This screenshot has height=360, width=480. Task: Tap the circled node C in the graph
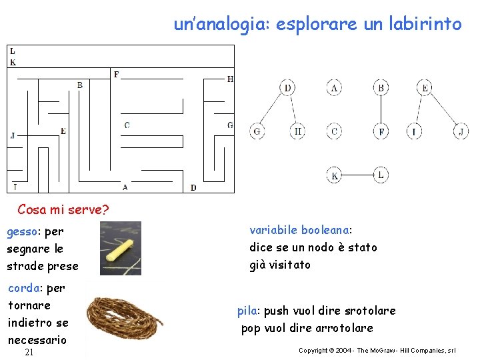click(335, 131)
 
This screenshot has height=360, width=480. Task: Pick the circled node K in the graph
click(335, 175)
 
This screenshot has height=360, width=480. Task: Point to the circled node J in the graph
click(460, 131)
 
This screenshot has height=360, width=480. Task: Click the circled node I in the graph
click(415, 131)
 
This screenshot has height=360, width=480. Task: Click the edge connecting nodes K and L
click(357, 175)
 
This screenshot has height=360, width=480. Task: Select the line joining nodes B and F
click(381, 109)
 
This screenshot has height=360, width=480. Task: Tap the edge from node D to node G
click(273, 109)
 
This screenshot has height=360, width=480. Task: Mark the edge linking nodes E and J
click(442, 109)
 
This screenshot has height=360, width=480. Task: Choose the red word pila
click(248, 311)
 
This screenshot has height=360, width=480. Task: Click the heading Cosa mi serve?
click(63, 209)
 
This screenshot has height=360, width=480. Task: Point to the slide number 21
click(29, 352)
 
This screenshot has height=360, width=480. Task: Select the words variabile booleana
click(301, 230)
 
